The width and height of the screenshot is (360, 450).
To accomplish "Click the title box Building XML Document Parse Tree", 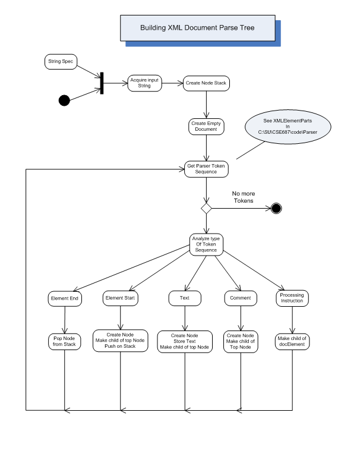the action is (198, 28).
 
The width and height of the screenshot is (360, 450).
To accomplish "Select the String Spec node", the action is (61, 62).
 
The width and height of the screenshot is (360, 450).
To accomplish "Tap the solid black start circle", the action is (64, 100).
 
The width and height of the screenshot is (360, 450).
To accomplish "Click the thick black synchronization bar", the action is (102, 83).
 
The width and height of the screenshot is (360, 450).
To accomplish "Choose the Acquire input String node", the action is (144, 83).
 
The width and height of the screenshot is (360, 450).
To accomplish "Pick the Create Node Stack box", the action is (206, 83).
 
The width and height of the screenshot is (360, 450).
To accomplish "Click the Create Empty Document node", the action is (206, 127).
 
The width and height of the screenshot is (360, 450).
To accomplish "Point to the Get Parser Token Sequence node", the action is (206, 169).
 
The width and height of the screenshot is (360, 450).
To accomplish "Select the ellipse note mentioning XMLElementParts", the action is (288, 127).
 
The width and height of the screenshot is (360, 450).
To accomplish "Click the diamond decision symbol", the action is (206, 208).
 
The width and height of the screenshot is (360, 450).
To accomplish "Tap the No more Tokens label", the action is (244, 197).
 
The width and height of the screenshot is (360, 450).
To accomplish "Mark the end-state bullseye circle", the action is (276, 208).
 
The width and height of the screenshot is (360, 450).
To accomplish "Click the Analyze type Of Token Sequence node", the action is (206, 244).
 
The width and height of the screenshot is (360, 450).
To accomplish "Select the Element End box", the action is (65, 298).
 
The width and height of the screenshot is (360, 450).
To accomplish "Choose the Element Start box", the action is (120, 298).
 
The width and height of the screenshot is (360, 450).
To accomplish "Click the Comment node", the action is (241, 298).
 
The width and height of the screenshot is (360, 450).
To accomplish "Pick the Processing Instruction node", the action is (292, 298).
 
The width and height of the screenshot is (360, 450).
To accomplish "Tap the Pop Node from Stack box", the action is (65, 342).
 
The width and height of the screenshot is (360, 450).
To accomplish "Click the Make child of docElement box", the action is (292, 342).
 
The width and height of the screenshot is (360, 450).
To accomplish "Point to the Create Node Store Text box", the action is (185, 342).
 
